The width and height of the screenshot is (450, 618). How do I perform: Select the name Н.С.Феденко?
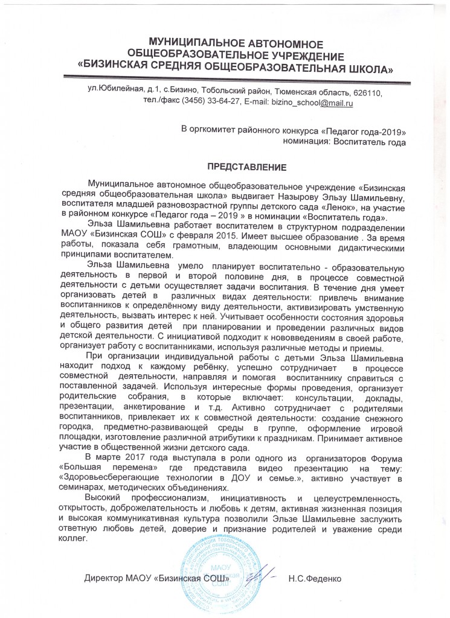pos(316,578)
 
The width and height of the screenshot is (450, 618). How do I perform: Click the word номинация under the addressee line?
pos(306,142)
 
